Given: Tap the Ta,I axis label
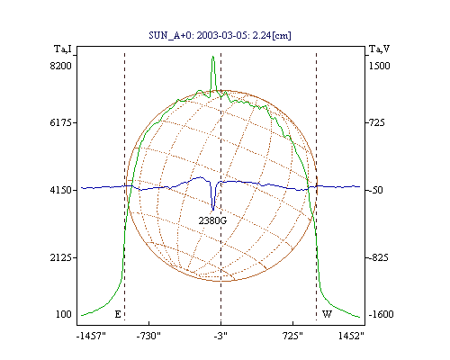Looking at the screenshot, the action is (x=63, y=49).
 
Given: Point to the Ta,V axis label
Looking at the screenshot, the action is (x=379, y=49).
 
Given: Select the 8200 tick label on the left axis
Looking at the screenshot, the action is (x=60, y=66).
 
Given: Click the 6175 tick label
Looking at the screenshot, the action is (x=60, y=122).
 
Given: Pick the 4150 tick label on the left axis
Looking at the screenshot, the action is (x=60, y=190).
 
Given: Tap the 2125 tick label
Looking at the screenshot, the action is (x=60, y=257).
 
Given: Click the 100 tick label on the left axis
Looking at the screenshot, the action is (x=64, y=314).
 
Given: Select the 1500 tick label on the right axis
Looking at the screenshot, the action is (x=379, y=66).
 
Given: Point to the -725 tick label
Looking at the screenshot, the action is (x=377, y=122).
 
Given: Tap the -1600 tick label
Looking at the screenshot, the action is (x=381, y=314).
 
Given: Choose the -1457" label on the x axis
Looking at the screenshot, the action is (x=91, y=336).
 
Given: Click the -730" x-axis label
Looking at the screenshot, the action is (x=148, y=336).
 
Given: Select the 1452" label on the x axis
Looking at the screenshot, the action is (x=351, y=336).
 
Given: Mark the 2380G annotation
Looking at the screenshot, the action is (x=212, y=220).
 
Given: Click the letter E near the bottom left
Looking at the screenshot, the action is (x=118, y=314).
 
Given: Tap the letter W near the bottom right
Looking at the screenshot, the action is (x=327, y=314).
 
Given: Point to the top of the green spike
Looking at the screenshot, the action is (x=212, y=56).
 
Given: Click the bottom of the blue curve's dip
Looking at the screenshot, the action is (x=213, y=211).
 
